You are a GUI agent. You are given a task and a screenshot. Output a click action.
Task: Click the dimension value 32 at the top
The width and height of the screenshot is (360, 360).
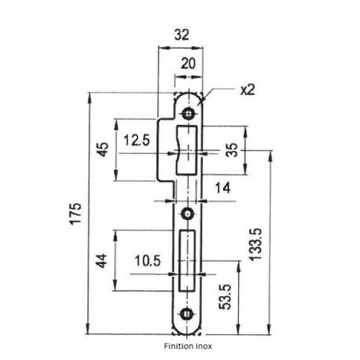tap(181, 35)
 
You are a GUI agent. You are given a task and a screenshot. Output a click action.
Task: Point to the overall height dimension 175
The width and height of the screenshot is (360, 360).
tap(75, 215)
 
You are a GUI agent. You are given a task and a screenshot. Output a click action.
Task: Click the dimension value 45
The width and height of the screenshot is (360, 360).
tap(103, 150)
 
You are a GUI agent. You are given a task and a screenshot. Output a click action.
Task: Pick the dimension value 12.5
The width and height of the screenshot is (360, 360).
tap(137, 142)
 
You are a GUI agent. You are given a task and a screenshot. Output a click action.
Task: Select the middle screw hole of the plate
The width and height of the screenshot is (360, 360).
tap(188, 213)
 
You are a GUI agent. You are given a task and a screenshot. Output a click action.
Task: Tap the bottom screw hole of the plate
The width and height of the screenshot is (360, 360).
tap(188, 315)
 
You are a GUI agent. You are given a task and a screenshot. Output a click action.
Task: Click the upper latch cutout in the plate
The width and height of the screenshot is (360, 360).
tap(189, 149)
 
